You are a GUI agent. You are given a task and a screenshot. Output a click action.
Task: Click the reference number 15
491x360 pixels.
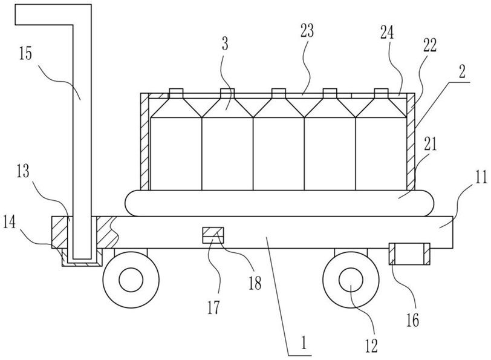click(25, 54)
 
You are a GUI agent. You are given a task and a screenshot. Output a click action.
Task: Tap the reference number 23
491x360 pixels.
click(307, 31)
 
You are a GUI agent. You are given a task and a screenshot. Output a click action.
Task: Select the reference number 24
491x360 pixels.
click(387, 32)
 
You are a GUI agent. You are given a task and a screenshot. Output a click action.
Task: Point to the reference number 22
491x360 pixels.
click(430, 45)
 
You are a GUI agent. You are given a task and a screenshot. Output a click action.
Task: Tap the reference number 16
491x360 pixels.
click(413, 320)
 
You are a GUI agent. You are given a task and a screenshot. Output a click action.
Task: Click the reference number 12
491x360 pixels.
click(371, 345)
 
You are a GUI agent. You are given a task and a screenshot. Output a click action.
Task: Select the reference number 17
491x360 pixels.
click(213, 307)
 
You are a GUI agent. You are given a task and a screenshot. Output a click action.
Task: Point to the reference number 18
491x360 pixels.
click(255, 284)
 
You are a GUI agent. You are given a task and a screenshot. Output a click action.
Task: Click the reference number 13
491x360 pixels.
click(22, 171)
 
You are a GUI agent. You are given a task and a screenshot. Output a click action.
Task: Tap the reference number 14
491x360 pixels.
click(10, 224)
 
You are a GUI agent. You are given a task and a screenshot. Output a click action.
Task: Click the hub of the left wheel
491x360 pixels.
click(131, 279)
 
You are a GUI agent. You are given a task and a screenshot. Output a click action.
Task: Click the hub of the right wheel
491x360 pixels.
click(351, 279)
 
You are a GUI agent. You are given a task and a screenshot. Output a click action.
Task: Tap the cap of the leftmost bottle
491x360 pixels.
click(176, 91)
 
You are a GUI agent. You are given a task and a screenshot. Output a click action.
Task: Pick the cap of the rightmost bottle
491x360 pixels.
click(381, 91)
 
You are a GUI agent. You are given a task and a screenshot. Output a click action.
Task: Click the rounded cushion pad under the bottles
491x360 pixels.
click(280, 203)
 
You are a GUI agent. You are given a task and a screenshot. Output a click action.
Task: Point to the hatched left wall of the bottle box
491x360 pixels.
click(145, 142)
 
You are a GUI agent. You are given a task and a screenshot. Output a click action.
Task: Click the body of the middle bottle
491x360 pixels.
click(278, 154)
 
